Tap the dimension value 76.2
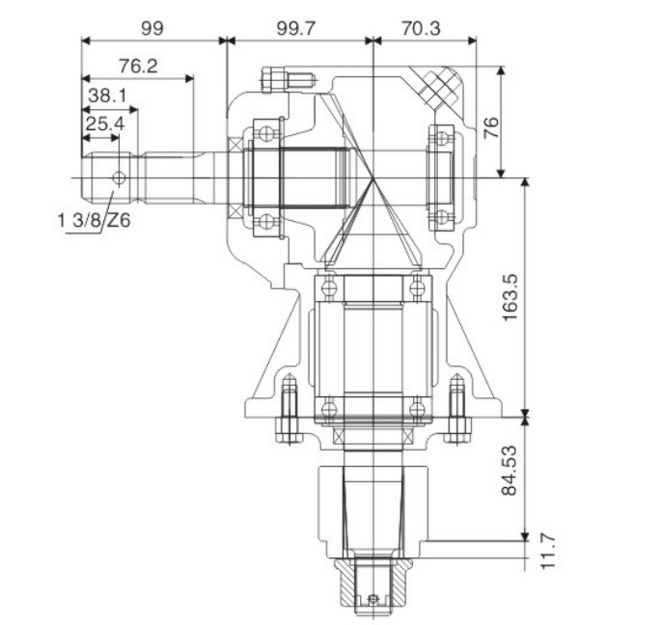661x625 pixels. (138, 66)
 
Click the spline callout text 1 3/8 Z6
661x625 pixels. (94, 221)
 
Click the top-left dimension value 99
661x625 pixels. (151, 28)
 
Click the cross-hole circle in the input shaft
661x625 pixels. (119, 177)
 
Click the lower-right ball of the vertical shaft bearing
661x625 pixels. (416, 409)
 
